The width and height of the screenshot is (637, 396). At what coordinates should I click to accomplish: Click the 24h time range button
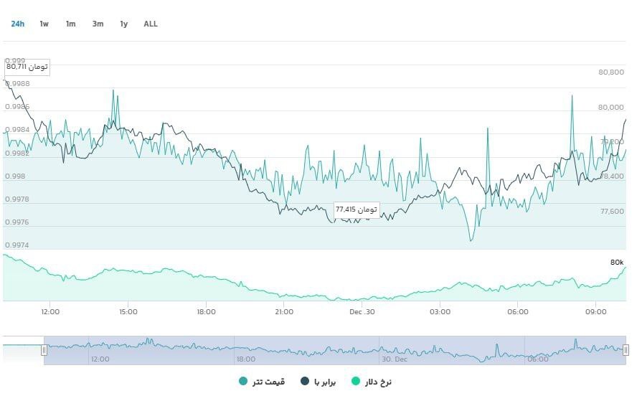[17, 24]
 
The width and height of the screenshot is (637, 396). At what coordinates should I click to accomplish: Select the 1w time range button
[44, 24]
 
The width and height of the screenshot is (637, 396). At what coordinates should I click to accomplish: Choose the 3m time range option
[98, 24]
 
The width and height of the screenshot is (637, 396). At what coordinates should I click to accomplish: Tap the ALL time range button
[151, 24]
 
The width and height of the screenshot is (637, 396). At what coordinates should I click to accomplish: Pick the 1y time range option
[124, 24]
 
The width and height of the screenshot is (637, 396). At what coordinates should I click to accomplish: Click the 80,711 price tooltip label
[27, 67]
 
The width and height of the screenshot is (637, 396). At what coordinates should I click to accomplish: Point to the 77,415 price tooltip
[356, 209]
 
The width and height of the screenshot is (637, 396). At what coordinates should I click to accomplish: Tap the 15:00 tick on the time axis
[128, 312]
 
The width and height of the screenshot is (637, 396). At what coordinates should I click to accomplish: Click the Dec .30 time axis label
[362, 312]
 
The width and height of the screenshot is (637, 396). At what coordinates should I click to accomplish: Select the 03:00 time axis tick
[440, 312]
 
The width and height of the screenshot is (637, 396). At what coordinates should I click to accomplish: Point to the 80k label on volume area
[617, 263]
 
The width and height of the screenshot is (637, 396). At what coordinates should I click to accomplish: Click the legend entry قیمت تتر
[262, 381]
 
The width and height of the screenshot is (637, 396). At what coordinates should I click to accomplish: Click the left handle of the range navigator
[44, 350]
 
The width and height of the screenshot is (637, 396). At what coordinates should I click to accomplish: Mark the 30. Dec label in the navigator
[395, 359]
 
